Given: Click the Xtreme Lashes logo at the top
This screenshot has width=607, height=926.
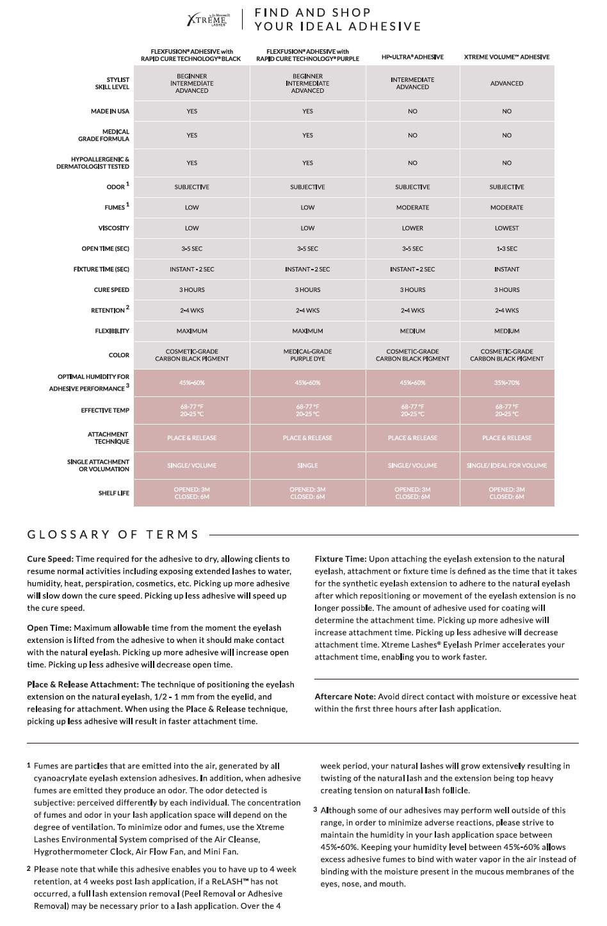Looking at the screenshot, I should coord(207,19).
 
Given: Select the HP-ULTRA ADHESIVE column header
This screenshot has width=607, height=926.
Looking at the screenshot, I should coord(412,57).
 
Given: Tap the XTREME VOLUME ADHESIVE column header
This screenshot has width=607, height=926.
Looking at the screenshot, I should coord(506,57).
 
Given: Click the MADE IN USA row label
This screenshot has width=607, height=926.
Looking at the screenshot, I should coord(109,111).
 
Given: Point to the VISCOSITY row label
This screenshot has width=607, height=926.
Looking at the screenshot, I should coord(113,228).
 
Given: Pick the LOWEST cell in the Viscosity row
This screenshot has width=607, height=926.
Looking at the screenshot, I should coord(506,228).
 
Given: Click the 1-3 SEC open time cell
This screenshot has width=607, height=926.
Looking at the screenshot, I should coord(506,248).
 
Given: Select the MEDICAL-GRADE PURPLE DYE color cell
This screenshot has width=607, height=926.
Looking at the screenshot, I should coord(307,355).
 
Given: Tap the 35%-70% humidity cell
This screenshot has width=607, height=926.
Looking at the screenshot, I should coord(506,383).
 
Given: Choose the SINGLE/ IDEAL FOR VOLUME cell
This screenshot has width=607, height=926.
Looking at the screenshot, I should coord(506,466).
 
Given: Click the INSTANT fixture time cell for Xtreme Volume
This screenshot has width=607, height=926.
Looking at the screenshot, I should coord(506,270).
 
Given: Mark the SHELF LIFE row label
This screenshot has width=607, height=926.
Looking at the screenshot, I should coord(113,493).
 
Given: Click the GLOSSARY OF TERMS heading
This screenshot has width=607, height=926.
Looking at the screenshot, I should coord(113,534).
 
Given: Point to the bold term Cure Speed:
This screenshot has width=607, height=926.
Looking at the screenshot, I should coord(50,559).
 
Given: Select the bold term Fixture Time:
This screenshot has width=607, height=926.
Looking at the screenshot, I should coord(340,559).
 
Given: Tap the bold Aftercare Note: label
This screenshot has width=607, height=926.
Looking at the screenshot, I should coord(344,697).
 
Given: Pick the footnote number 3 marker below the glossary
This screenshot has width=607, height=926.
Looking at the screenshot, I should coord(315,809).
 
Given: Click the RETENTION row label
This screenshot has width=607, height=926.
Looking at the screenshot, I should coord(108,311).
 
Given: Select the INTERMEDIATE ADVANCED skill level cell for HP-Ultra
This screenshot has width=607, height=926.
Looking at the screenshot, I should coord(412,83).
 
